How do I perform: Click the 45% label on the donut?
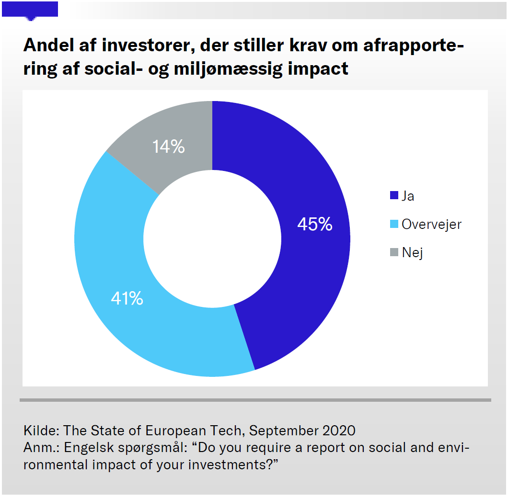314,224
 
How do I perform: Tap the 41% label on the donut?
127,298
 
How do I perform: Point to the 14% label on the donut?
168,147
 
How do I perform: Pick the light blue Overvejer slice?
120,249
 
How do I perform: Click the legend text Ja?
408,196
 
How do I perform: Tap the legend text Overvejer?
431,224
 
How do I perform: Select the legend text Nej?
412,252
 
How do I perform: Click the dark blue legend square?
394,195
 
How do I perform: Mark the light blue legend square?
394,224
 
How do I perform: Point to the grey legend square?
394,252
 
